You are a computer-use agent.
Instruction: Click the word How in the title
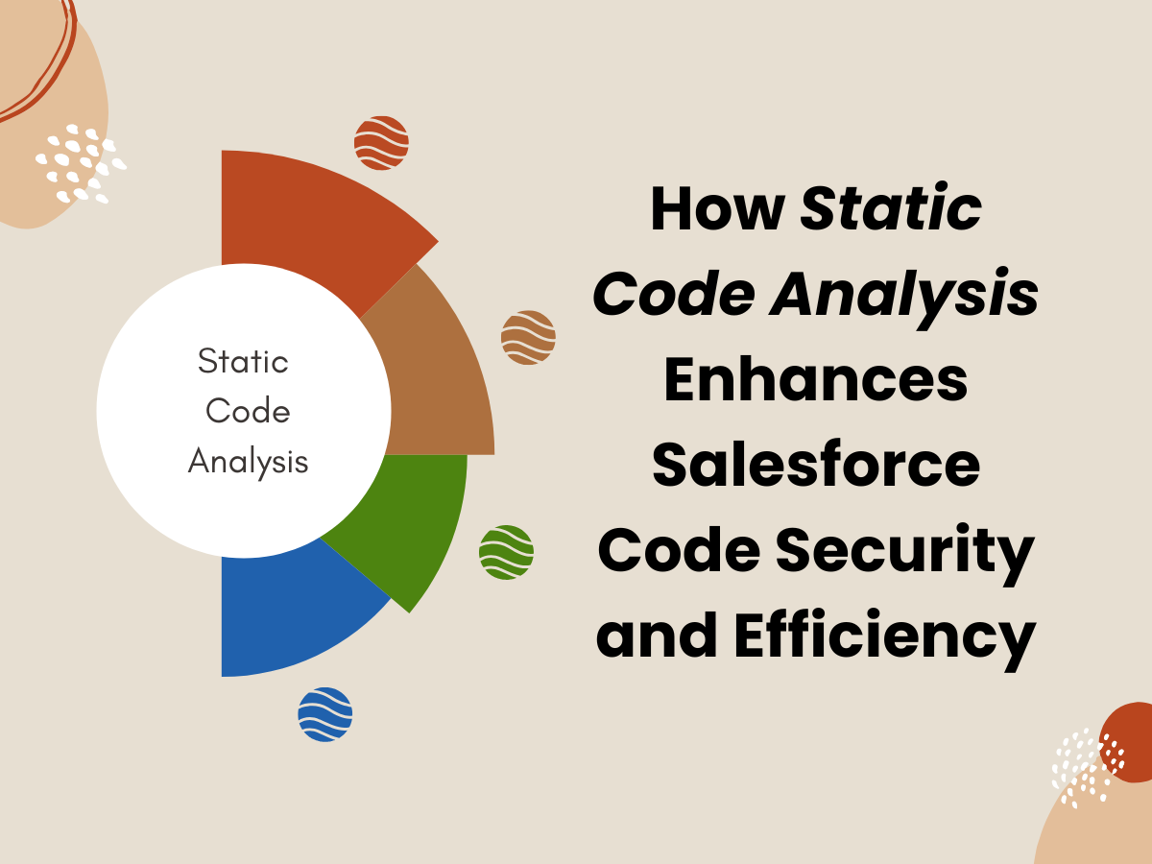click(x=717, y=208)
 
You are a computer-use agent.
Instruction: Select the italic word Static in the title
click(x=891, y=207)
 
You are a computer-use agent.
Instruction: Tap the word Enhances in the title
click(x=816, y=379)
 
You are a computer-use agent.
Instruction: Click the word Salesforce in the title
click(x=816, y=465)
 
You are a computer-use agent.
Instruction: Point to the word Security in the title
click(x=905, y=554)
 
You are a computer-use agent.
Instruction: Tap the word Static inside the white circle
click(x=243, y=361)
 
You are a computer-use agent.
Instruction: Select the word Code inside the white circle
click(x=248, y=410)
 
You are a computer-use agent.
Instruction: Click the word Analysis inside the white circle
click(x=249, y=462)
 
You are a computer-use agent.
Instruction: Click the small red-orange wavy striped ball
click(x=381, y=143)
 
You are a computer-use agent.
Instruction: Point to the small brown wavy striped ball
click(x=529, y=337)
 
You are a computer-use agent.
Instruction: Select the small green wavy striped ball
click(x=507, y=552)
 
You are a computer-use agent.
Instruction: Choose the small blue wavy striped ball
click(x=325, y=714)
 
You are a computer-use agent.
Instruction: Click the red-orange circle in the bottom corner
click(x=1128, y=742)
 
